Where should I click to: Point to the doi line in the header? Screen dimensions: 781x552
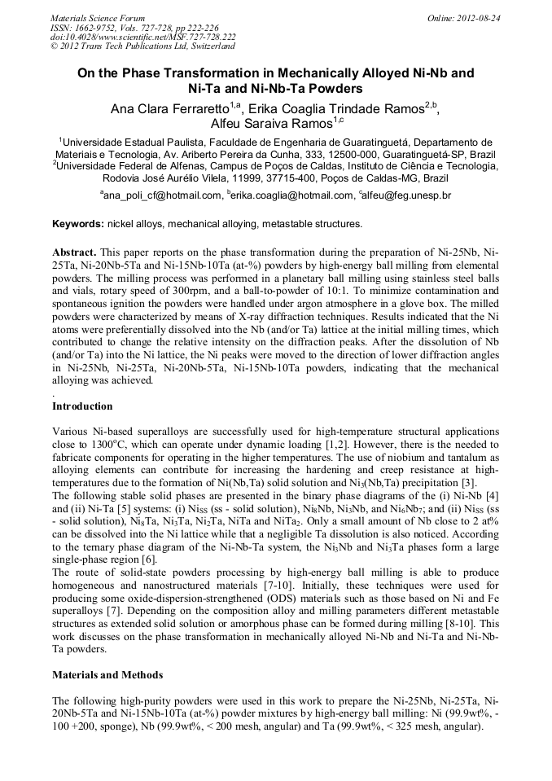[142, 37]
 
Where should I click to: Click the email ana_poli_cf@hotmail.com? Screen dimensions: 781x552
[161, 196]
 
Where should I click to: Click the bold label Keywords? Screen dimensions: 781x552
[77, 224]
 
